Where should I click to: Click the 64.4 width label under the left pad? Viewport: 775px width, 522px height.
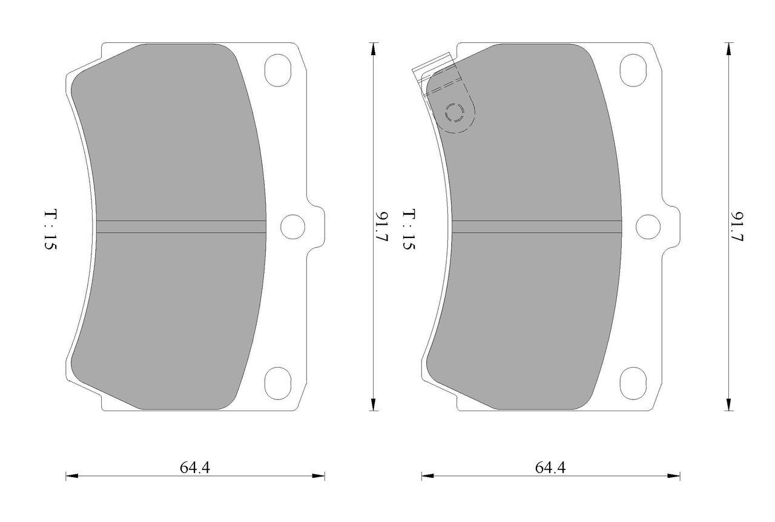(x=195, y=468)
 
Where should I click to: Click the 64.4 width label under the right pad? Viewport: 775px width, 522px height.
(x=550, y=468)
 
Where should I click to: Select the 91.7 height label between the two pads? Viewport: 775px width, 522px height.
(x=381, y=226)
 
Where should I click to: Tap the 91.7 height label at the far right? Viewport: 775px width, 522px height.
(x=737, y=226)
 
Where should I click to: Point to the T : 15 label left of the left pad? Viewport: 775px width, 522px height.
(x=50, y=229)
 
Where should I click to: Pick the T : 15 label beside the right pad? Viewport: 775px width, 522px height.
(x=408, y=229)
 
